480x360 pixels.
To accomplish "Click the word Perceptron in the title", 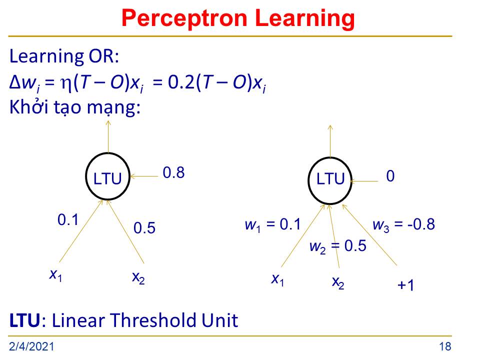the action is pos(184,19).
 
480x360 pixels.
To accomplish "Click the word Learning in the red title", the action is pos(304,19).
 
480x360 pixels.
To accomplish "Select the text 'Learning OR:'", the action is pos(64,56).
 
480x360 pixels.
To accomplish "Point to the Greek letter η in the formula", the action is pos(66,84).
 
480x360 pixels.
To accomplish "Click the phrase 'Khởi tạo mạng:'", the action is pos(75,107).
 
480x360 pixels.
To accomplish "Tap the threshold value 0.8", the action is pos(173,172).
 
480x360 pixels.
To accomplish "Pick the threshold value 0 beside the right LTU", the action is pos(390,176).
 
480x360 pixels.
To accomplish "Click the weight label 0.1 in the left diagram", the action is pos(68,220).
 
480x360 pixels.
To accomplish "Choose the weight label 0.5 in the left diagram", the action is pos(144,228).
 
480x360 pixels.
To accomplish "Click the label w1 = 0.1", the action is pos(273,225).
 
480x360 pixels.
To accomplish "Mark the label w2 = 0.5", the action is pos(338,246).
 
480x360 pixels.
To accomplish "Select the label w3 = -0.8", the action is pos(404,225).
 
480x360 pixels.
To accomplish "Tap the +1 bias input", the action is pos(405,285).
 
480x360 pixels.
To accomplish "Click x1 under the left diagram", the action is pos(55,274).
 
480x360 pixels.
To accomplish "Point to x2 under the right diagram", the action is pos(338,282).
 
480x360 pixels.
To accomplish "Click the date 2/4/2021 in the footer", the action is pos(31,346).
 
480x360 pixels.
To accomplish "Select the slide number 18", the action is pos(445,346).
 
